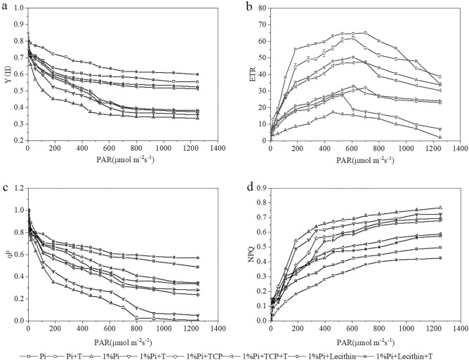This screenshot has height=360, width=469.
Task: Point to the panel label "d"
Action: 246,185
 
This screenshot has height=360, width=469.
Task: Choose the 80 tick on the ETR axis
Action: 261,8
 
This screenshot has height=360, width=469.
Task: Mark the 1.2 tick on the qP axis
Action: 16,188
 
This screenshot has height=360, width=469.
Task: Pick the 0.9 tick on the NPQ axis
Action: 259,188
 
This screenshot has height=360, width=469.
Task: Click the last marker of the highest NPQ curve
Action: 440,208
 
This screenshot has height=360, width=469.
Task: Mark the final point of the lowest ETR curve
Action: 440,137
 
